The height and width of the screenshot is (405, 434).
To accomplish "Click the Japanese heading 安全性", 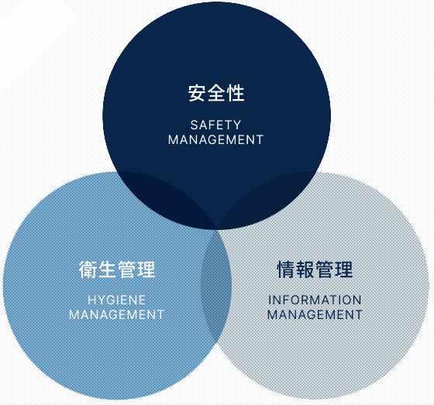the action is tap(216, 93).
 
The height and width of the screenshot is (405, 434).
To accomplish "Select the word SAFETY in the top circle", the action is tap(216, 125).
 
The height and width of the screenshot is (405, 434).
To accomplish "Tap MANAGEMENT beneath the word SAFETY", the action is tap(215, 139).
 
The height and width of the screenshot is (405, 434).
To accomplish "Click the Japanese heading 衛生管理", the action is tap(117, 269).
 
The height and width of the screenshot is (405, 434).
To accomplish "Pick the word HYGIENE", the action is tap(116, 300).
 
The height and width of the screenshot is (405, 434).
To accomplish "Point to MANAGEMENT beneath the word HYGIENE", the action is tap(116, 315).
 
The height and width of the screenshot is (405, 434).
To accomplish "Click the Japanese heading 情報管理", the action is tap(315, 269).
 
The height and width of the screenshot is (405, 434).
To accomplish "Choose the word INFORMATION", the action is tap(315, 300).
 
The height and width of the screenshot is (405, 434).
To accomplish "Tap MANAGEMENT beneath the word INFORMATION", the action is tap(315, 315).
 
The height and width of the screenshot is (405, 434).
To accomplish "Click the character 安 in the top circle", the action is tap(198, 93).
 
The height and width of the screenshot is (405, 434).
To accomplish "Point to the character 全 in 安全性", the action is tap(216, 93).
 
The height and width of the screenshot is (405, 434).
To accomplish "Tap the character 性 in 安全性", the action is tap(236, 93).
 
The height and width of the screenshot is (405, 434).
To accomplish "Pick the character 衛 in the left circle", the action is tap(88, 269).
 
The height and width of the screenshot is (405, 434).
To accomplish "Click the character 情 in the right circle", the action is tap(286, 269).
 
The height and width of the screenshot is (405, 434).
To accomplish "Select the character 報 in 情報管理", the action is tap(305, 269).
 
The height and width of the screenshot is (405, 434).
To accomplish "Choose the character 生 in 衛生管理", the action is tap(107, 269).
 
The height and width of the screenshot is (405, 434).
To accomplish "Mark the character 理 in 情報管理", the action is tap(344, 269).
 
